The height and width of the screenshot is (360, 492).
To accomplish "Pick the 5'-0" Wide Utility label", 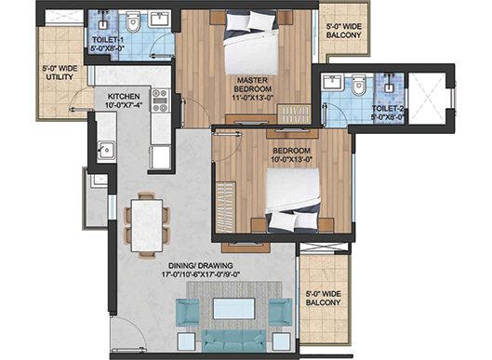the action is (x=60, y=73).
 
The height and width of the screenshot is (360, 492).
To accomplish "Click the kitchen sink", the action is (x=106, y=151).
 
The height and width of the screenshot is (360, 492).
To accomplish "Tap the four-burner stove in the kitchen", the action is (x=160, y=100).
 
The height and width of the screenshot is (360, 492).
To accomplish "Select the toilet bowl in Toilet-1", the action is (x=133, y=22).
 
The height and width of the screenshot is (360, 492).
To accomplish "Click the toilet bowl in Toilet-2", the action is (x=359, y=85).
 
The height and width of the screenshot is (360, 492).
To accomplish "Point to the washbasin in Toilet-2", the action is (x=332, y=82).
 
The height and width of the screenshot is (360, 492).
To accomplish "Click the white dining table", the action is (x=147, y=225).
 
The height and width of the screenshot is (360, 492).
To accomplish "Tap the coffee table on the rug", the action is (x=233, y=309).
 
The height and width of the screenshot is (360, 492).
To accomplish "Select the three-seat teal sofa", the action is (x=233, y=340).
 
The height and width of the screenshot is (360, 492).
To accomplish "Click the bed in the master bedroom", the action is (x=251, y=43).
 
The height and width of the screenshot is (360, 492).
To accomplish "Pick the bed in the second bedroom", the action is (x=293, y=201).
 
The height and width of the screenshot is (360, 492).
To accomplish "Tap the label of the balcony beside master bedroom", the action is (x=343, y=31).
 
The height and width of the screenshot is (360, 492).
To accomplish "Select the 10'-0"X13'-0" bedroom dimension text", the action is (x=291, y=159).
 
